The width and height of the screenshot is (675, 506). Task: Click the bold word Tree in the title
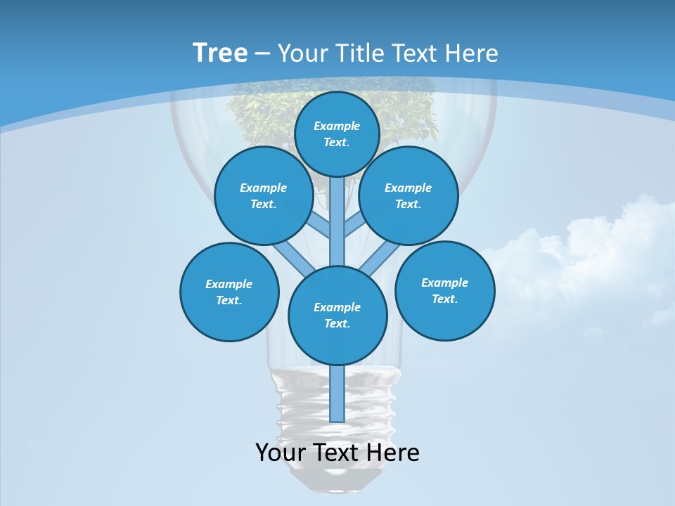tap(220, 53)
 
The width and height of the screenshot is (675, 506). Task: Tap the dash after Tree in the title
tap(262, 54)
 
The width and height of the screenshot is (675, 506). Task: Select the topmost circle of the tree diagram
tap(337, 134)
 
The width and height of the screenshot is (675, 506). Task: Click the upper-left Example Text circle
tap(264, 195)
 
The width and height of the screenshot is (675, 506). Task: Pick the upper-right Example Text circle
tap(409, 195)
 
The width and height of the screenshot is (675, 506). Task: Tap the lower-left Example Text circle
tap(229, 292)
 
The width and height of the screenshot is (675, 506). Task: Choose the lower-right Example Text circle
tap(444, 290)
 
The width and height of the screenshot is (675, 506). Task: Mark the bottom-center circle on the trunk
tap(337, 315)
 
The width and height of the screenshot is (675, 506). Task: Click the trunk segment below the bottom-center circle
tap(337, 394)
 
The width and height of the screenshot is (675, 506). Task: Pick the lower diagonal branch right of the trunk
tap(380, 260)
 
